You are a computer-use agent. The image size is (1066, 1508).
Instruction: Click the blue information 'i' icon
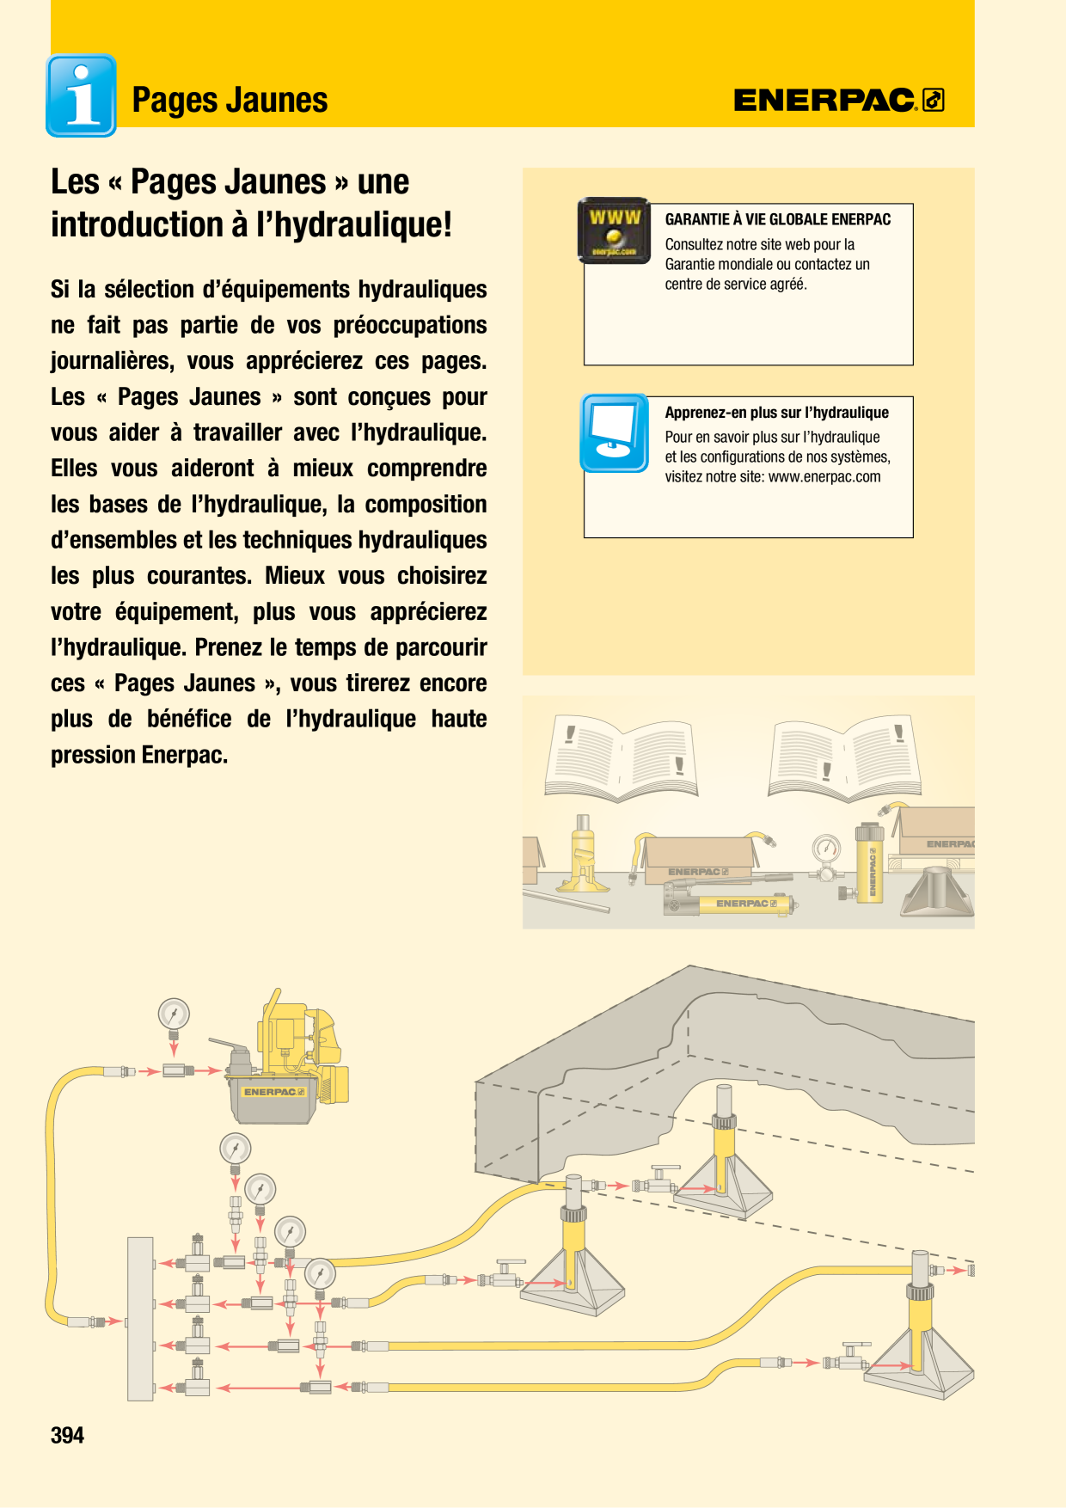81,95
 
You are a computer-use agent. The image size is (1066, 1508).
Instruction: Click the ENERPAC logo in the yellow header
839,100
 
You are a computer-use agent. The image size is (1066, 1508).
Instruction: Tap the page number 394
67,1435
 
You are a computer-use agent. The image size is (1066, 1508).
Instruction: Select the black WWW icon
614,230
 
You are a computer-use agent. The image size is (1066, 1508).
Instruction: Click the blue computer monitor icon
614,432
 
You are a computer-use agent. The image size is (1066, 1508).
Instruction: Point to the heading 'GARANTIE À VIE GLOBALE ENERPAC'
777,219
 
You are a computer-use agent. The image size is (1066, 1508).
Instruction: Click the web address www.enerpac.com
824,476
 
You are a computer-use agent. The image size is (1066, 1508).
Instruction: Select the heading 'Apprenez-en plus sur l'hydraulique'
776,413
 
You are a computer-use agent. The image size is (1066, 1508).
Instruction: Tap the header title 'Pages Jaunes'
230,101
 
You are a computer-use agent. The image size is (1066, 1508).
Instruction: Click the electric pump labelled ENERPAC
287,1057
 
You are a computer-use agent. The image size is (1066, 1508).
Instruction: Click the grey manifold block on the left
140,1319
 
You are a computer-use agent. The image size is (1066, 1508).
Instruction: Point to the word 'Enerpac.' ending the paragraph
185,755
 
